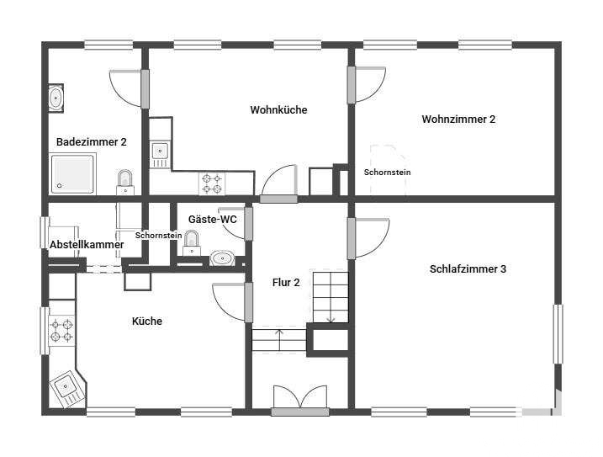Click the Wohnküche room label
click(x=279, y=110)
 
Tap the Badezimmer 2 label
click(x=92, y=142)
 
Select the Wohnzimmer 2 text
click(x=458, y=120)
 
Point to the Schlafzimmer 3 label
click(x=468, y=269)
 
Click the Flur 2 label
click(x=286, y=283)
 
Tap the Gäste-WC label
click(x=212, y=220)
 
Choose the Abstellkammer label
click(x=87, y=245)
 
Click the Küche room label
click(x=147, y=321)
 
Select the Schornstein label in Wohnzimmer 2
click(x=387, y=173)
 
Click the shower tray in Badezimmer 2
click(x=72, y=173)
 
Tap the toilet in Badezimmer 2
click(x=125, y=183)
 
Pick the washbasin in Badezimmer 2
click(x=56, y=98)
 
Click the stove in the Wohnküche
click(x=212, y=183)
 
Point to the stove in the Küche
click(x=61, y=331)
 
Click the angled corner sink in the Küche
click(x=67, y=387)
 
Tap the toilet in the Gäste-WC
click(x=192, y=243)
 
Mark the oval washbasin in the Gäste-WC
click(x=223, y=258)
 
